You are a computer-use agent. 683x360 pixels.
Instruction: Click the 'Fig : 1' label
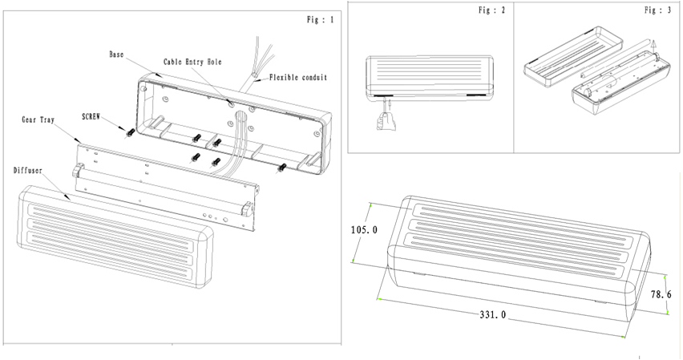(x=320, y=19)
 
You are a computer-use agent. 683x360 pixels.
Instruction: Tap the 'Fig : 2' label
(x=493, y=11)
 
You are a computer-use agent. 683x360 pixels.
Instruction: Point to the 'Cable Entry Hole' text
(x=193, y=62)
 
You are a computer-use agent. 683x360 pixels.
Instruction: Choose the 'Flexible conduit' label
(x=298, y=78)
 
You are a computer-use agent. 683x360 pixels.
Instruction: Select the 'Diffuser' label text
(x=30, y=171)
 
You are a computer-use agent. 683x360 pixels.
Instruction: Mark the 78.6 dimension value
(x=661, y=295)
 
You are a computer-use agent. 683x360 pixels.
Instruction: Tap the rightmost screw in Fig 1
(x=282, y=168)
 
